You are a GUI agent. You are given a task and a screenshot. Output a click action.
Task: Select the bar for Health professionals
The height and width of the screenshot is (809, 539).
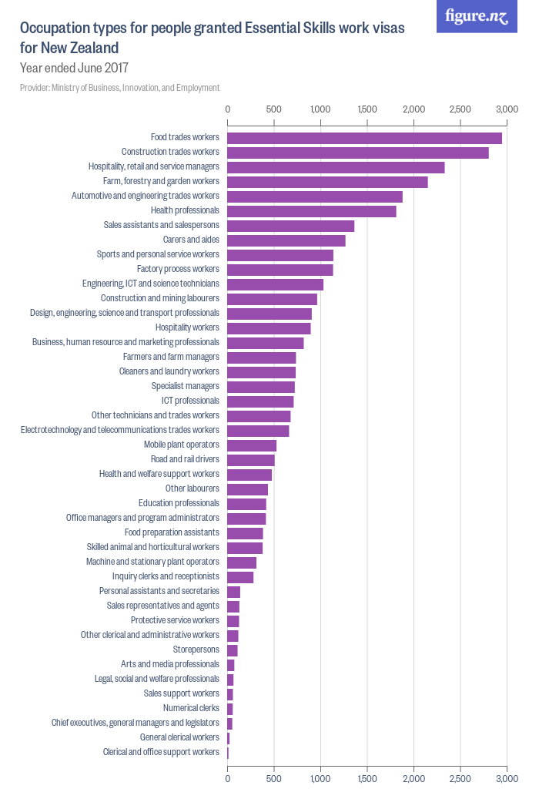(x=312, y=211)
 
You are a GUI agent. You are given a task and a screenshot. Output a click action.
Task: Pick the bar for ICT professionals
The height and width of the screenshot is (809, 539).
(x=260, y=401)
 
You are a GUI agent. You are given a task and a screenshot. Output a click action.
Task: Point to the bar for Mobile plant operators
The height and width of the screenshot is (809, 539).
(x=252, y=445)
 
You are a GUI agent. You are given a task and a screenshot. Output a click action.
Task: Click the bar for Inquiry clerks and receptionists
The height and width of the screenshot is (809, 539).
(x=240, y=577)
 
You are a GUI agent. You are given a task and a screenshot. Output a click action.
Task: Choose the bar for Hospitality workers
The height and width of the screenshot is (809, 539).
(x=269, y=328)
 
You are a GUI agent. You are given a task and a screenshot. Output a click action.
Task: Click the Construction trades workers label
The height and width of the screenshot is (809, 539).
(x=170, y=153)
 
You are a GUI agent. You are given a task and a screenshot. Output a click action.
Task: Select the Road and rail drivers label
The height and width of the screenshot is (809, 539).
(x=185, y=459)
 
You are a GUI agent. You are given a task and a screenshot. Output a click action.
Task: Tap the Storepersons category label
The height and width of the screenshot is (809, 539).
(x=196, y=650)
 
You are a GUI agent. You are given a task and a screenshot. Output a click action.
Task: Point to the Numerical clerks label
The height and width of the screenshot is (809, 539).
(x=191, y=708)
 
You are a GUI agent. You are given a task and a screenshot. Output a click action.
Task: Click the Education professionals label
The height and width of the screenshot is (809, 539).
(x=179, y=503)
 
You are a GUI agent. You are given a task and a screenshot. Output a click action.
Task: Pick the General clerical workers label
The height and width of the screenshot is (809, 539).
(x=179, y=737)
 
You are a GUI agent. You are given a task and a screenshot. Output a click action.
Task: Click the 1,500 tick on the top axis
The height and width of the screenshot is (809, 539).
(x=367, y=110)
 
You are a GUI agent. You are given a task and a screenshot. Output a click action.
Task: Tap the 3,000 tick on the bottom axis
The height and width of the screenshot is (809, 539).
(x=507, y=780)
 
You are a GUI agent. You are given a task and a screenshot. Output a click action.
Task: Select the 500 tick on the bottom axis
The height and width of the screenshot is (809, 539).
(x=274, y=780)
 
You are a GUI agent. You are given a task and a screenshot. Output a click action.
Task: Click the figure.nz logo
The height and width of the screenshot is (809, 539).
(x=477, y=16)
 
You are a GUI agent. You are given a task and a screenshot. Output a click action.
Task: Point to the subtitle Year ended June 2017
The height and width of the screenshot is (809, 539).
(x=74, y=68)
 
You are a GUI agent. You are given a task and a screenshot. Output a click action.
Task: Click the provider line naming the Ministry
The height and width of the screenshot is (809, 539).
(x=120, y=88)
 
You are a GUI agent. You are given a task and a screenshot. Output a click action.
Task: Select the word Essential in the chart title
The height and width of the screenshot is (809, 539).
(x=275, y=29)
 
